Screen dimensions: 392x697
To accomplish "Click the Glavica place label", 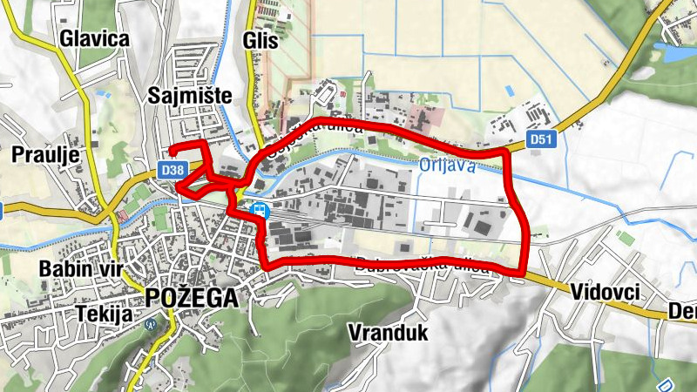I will tap(94, 38).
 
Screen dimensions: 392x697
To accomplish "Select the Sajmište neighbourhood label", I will tap(190, 95).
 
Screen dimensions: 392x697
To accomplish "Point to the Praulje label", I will tap(45, 155).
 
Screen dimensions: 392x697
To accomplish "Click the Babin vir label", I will tap(76, 268).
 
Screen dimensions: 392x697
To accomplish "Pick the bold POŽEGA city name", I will tap(192, 297).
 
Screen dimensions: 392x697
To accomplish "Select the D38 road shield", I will tap(173, 171).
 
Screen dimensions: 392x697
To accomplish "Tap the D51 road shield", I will tap(541, 139).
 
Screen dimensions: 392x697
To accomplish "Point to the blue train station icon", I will tap(259, 210).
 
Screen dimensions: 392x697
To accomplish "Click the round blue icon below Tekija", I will tap(150, 325).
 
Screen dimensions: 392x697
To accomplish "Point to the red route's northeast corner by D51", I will tap(506, 153).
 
